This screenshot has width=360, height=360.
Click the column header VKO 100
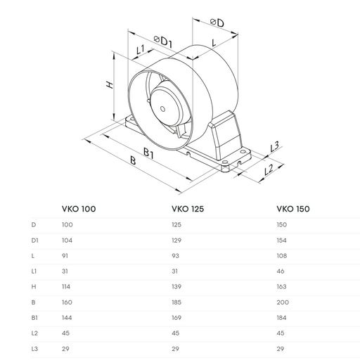tap(79, 209)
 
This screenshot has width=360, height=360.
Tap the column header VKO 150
tap(293, 209)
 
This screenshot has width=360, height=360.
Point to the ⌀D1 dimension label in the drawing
tap(162, 42)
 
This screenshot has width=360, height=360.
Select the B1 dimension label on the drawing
tap(149, 153)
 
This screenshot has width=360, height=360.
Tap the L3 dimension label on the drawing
tap(275, 146)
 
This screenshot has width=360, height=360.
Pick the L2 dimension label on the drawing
tap(269, 169)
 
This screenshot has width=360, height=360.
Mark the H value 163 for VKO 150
tap(282, 285)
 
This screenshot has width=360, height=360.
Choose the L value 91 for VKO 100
tap(66, 255)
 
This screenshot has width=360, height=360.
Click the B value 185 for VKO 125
tap(176, 301)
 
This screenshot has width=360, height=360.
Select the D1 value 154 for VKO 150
tap(282, 240)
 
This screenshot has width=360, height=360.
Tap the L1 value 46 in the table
tap(281, 271)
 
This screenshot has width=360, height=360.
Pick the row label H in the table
tap(33, 285)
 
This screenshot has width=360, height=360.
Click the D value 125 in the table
tap(176, 225)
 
